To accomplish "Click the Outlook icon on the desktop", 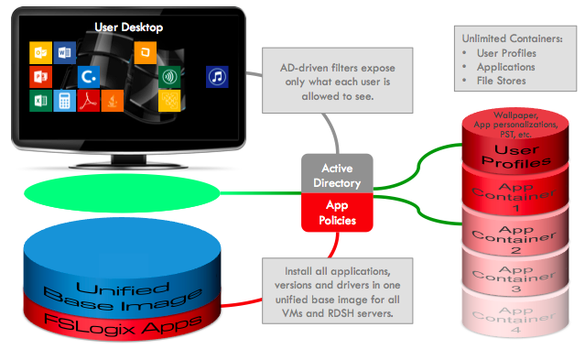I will [40, 51].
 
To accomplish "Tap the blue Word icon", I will [64, 51].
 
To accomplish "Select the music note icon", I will [217, 76].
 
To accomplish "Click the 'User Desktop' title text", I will [128, 27].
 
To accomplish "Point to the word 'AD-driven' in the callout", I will [307, 67].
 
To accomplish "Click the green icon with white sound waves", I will [169, 76].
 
